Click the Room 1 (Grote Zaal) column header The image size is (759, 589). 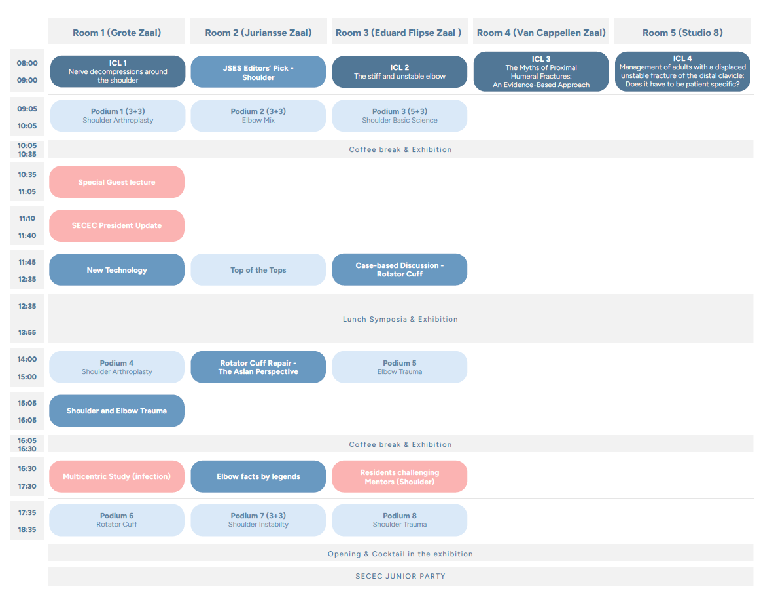pyautogui.click(x=116, y=33)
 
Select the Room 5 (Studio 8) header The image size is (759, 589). pyautogui.click(x=682, y=33)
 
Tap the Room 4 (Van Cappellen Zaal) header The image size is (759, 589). pyautogui.click(x=541, y=33)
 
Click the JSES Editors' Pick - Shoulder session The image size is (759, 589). pyautogui.click(x=258, y=72)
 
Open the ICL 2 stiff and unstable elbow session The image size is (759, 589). pyautogui.click(x=399, y=72)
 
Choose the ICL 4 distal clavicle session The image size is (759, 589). pyautogui.click(x=682, y=71)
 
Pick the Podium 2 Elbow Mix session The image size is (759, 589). pyautogui.click(x=258, y=116)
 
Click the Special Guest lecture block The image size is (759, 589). pyautogui.click(x=116, y=181)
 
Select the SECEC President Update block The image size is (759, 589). pyautogui.click(x=116, y=225)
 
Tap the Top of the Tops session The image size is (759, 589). pyautogui.click(x=258, y=269)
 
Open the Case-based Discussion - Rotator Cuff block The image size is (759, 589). pyautogui.click(x=399, y=269)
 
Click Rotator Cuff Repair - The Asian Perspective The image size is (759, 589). pyautogui.click(x=258, y=367)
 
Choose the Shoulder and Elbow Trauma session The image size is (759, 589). pyautogui.click(x=116, y=411)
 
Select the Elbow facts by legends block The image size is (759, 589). pyautogui.click(x=258, y=476)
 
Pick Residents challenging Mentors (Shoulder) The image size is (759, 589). pyautogui.click(x=399, y=476)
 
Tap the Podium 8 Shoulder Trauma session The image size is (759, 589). pyautogui.click(x=399, y=520)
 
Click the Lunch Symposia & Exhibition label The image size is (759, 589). pyautogui.click(x=400, y=319)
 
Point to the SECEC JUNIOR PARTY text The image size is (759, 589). pyautogui.click(x=400, y=576)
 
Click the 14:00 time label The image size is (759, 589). pyautogui.click(x=27, y=359)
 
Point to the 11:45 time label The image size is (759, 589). pyautogui.click(x=27, y=262)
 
